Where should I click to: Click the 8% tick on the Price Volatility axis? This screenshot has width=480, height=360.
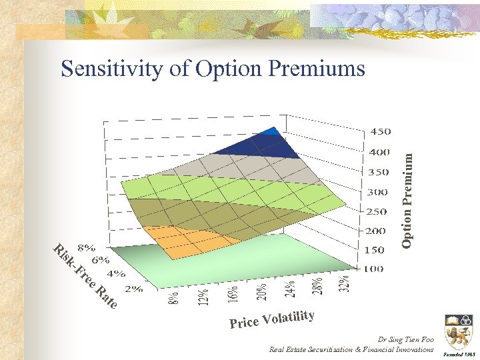point(173,298)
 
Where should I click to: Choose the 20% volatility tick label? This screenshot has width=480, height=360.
point(261,290)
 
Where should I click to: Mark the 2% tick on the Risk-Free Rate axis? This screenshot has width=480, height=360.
point(133,289)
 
